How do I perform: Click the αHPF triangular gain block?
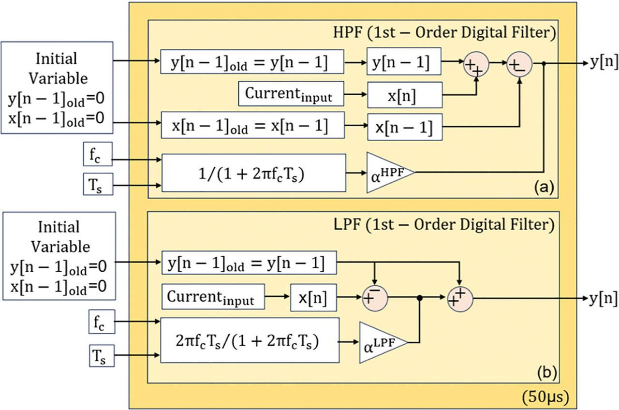click(387, 172)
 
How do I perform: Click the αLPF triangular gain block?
click(380, 342)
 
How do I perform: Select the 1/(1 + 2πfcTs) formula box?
click(254, 173)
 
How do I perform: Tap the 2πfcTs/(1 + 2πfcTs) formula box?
click(250, 340)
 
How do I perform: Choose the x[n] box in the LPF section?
click(313, 297)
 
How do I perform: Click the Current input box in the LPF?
click(214, 296)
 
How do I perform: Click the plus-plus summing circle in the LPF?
click(459, 297)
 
